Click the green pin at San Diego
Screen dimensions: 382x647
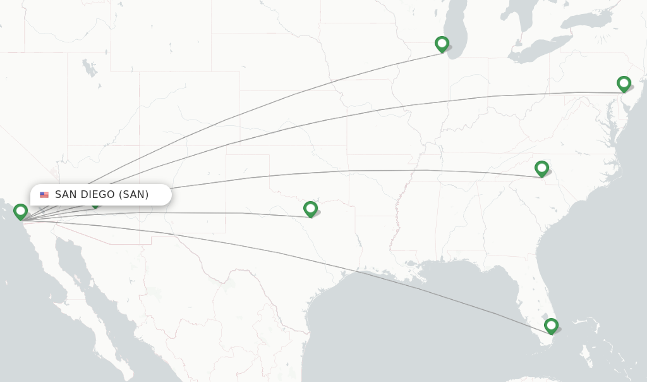click(x=20, y=211)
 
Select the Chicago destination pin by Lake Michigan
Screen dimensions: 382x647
click(x=442, y=44)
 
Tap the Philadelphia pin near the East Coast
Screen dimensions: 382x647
click(x=624, y=83)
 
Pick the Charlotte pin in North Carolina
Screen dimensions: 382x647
click(x=541, y=168)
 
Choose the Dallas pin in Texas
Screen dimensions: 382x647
click(x=310, y=209)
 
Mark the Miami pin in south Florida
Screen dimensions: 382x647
click(x=551, y=326)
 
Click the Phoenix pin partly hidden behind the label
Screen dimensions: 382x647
click(x=95, y=205)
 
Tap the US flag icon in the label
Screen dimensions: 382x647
click(x=44, y=195)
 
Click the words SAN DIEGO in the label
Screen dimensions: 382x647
click(x=85, y=195)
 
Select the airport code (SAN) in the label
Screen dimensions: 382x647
click(x=133, y=195)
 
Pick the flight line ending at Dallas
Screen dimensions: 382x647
click(x=221, y=213)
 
